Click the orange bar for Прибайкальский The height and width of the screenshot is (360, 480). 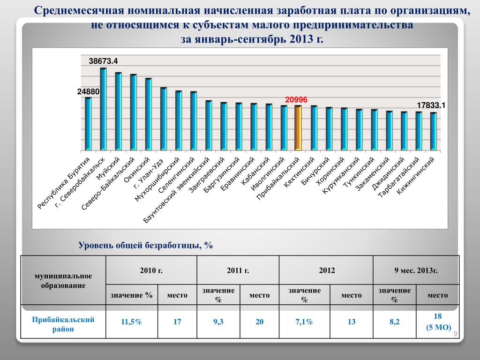(x=298, y=127)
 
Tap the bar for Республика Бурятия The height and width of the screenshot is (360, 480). (x=88, y=124)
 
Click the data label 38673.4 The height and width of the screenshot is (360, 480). (x=103, y=61)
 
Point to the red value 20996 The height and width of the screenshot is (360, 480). (x=296, y=99)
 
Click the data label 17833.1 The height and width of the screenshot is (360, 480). (x=431, y=105)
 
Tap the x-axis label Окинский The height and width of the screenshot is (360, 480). (x=137, y=169)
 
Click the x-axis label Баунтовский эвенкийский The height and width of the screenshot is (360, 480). (x=176, y=190)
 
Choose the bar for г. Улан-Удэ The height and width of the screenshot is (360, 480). (x=163, y=119)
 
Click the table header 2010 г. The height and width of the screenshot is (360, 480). (x=151, y=270)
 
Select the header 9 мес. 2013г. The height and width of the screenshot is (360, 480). (x=416, y=270)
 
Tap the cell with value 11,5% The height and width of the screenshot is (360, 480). (x=131, y=322)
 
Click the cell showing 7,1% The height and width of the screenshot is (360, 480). (x=304, y=322)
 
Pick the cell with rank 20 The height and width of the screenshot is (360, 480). (x=259, y=322)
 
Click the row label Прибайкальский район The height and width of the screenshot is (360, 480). (x=63, y=324)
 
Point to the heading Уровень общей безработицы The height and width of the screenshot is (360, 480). (x=145, y=245)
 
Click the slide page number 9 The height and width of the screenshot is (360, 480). (x=455, y=333)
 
